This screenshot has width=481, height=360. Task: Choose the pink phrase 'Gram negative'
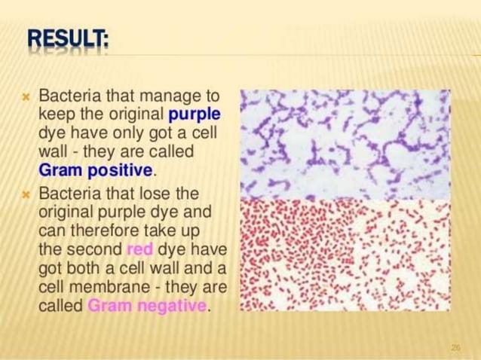(x=147, y=306)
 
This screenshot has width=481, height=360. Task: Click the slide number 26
(x=455, y=346)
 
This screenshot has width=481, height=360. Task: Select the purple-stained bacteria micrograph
(x=344, y=143)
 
